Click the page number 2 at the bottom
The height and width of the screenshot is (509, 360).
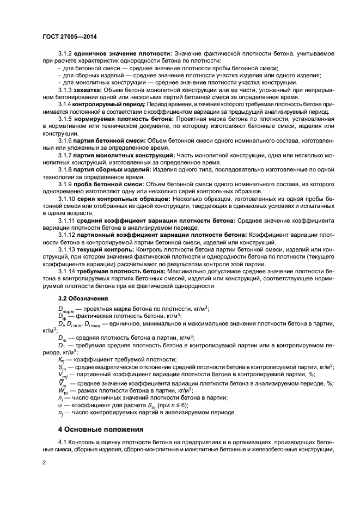[x=44, y=463]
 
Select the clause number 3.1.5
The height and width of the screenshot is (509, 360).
[x=65, y=118]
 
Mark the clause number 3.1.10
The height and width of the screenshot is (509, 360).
[x=66, y=199]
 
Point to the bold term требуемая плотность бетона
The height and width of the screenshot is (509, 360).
[x=116, y=271]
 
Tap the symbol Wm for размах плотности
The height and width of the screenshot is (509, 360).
[x=62, y=391]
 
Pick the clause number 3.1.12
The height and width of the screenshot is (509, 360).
[x=66, y=235]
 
